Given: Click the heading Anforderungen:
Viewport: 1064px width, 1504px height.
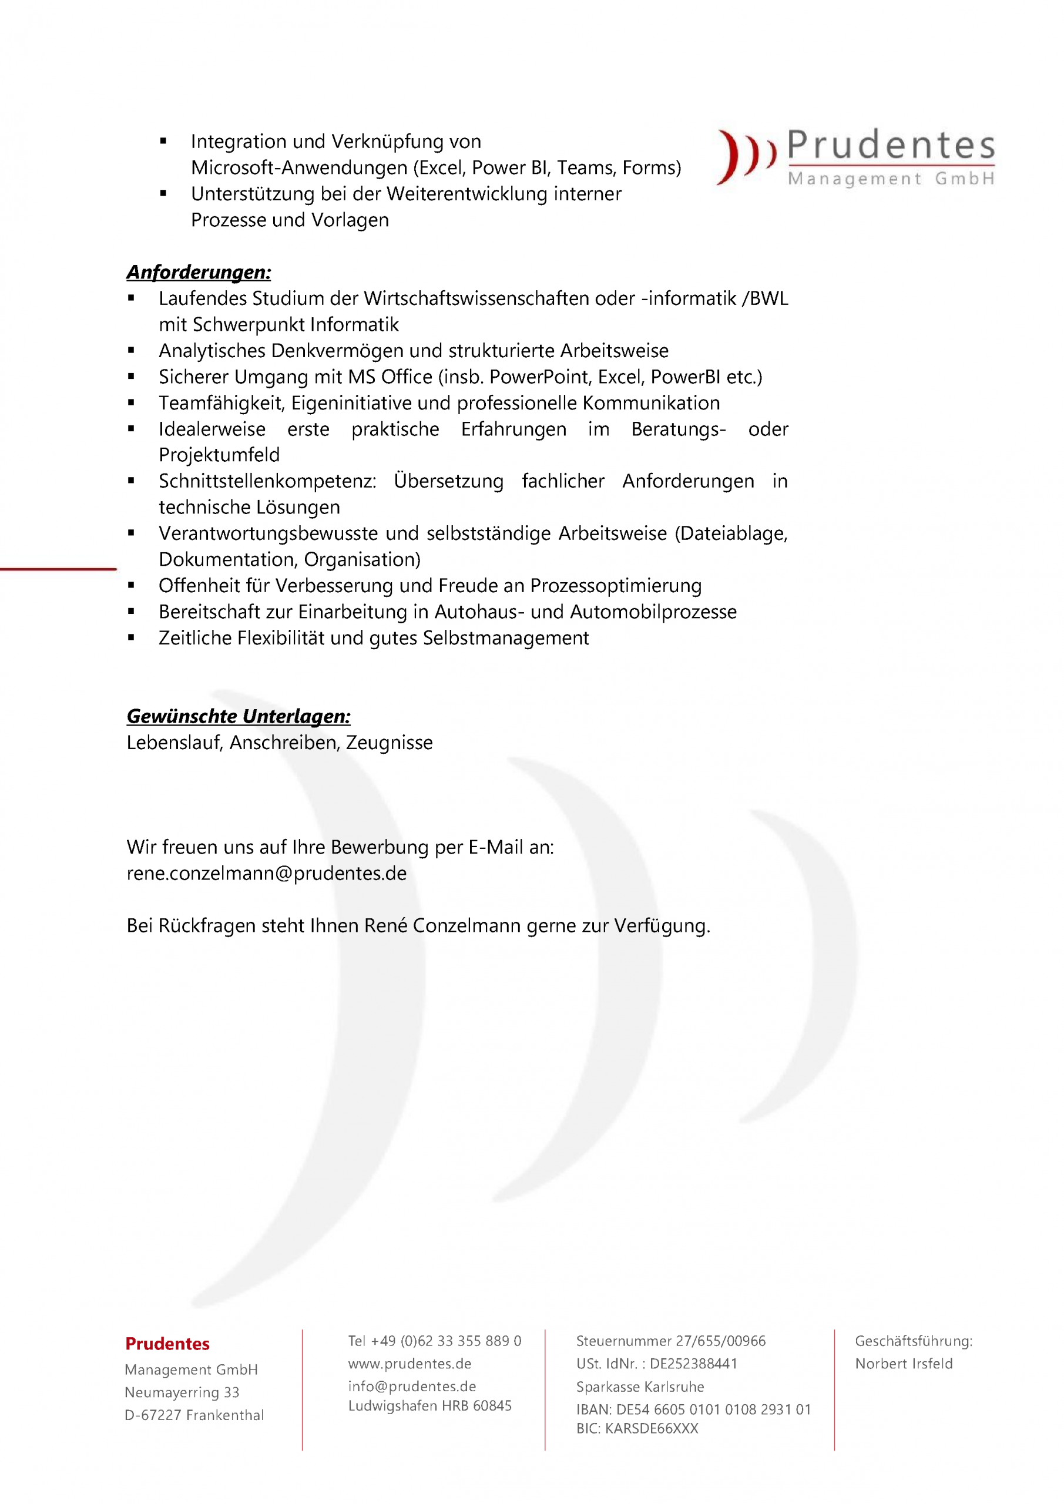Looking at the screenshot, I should click(199, 272).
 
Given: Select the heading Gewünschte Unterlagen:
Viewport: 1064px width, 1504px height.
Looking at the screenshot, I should click(239, 716).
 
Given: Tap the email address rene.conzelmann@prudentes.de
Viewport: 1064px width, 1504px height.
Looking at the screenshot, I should click(267, 873).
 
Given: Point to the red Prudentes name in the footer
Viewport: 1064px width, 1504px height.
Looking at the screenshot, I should click(167, 1344).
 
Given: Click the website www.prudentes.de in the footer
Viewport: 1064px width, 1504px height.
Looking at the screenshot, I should click(410, 1363).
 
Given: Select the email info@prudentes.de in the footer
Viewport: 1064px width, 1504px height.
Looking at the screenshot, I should click(412, 1386).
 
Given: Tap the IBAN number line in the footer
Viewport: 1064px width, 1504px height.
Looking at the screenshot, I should click(693, 1409).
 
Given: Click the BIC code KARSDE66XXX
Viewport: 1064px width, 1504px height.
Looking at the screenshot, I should click(637, 1429).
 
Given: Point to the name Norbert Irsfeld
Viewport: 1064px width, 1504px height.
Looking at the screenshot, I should click(904, 1363).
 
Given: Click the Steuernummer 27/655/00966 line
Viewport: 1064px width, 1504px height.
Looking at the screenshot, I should click(670, 1341).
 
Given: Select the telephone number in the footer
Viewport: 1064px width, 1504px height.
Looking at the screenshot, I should click(434, 1341).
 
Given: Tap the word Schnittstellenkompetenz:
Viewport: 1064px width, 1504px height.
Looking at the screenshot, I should click(267, 482).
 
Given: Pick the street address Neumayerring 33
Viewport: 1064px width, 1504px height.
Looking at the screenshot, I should click(182, 1392).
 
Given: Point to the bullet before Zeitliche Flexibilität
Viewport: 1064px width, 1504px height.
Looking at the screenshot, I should click(131, 637).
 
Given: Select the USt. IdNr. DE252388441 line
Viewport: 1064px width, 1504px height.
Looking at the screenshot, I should click(656, 1363).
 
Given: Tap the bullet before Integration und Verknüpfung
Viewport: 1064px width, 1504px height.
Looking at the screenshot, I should click(163, 141).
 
